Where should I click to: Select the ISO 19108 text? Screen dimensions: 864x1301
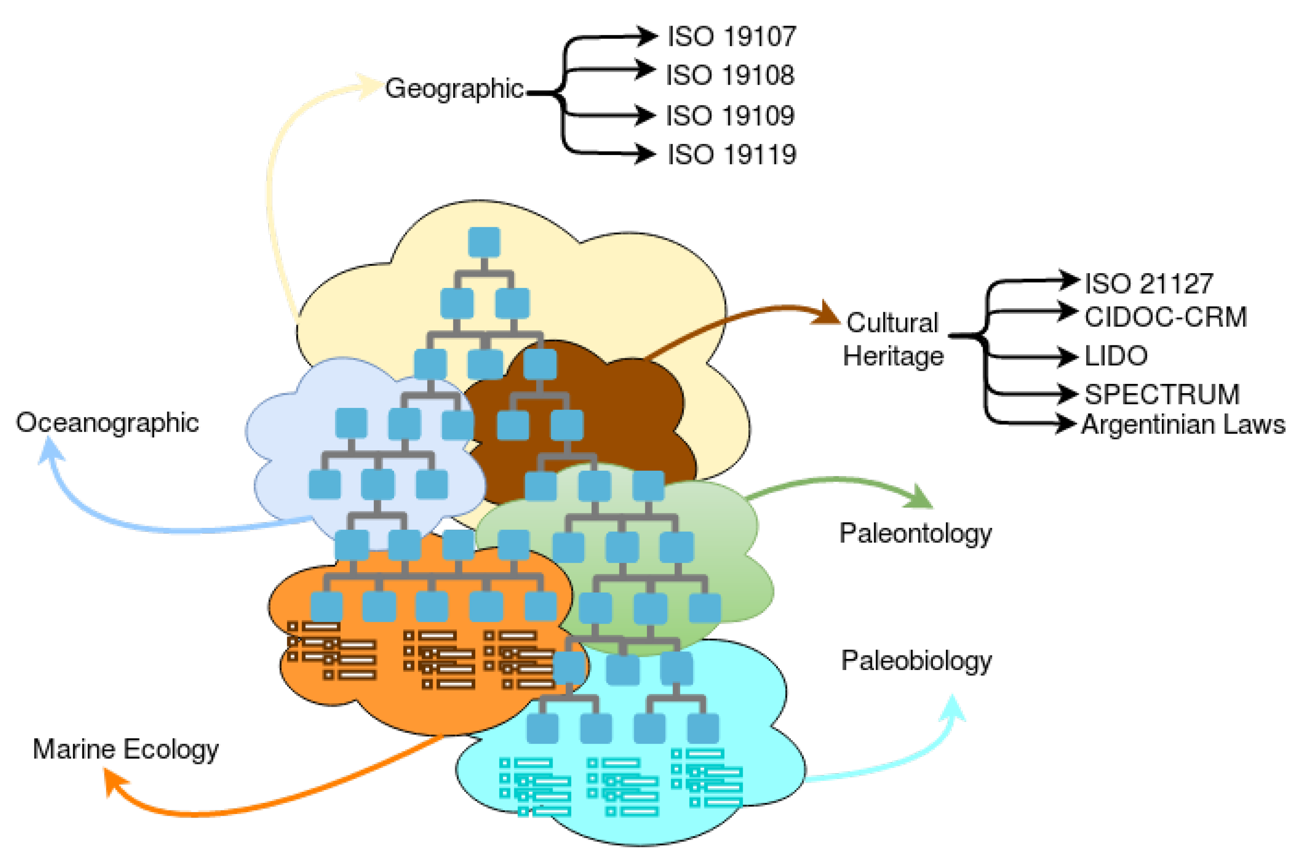click(730, 75)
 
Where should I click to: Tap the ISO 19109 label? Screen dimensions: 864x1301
click(730, 116)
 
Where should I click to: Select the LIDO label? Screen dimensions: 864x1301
click(1115, 356)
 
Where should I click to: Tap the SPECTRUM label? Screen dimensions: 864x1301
click(1162, 395)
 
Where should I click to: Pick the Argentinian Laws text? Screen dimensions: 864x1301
click(1182, 425)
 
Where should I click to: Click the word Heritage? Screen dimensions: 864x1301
click(893, 356)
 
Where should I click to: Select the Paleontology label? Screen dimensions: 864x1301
click(915, 533)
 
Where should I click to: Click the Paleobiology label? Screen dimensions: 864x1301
click(916, 660)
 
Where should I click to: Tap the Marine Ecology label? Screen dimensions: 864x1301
click(126, 749)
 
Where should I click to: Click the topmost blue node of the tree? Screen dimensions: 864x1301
click(484, 242)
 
